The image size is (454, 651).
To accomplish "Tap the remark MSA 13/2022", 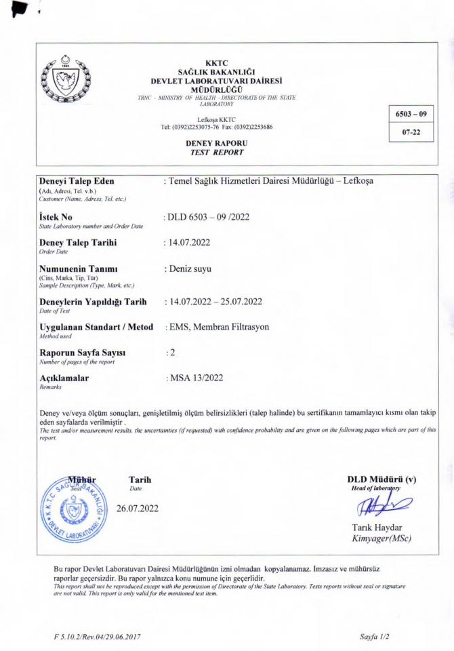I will click(197, 377).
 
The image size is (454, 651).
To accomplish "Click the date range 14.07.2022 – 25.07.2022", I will click(214, 300).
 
